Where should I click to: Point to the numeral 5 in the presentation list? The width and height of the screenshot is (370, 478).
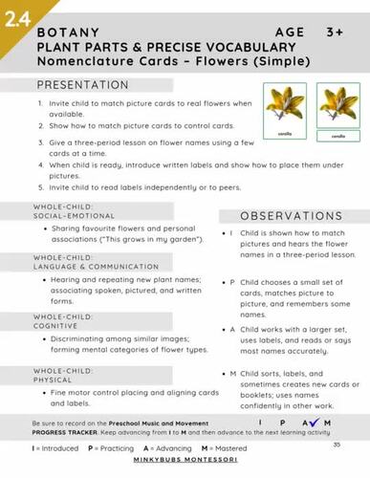40,182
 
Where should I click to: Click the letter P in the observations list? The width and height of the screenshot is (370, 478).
232,282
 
